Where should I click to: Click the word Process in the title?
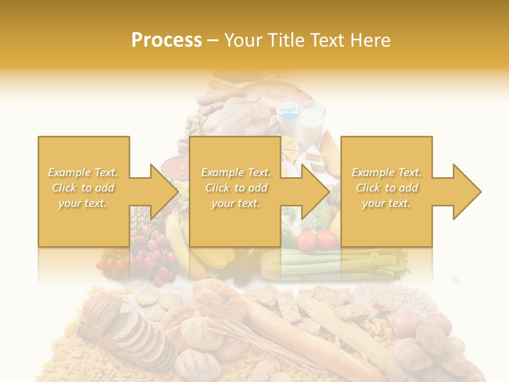click(166, 40)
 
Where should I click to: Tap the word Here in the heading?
click(370, 40)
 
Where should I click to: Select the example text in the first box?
click(83, 188)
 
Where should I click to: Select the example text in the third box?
click(387, 188)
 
